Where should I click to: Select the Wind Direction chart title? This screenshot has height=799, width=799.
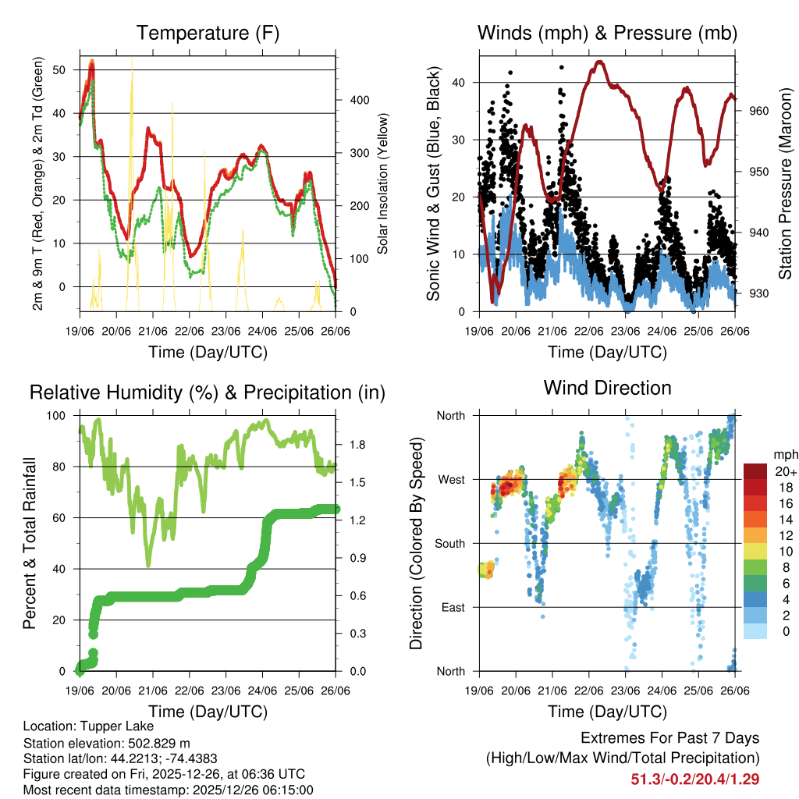click(x=607, y=388)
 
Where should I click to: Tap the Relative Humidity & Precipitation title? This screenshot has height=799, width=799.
click(x=207, y=392)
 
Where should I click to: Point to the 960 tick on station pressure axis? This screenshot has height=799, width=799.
click(x=759, y=111)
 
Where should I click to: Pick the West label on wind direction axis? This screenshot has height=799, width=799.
click(x=451, y=479)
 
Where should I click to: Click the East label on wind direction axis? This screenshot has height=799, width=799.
click(x=453, y=607)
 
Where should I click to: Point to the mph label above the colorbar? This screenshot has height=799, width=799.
click(x=783, y=454)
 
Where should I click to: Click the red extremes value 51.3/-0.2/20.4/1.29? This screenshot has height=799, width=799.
click(x=695, y=779)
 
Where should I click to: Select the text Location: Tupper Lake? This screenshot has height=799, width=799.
click(x=88, y=726)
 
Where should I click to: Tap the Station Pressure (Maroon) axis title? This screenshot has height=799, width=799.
click(x=785, y=183)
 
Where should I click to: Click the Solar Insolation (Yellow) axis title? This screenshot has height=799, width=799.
click(x=383, y=183)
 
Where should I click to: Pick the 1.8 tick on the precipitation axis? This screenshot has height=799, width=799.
click(x=358, y=445)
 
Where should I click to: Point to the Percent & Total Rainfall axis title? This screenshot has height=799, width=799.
click(x=29, y=543)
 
